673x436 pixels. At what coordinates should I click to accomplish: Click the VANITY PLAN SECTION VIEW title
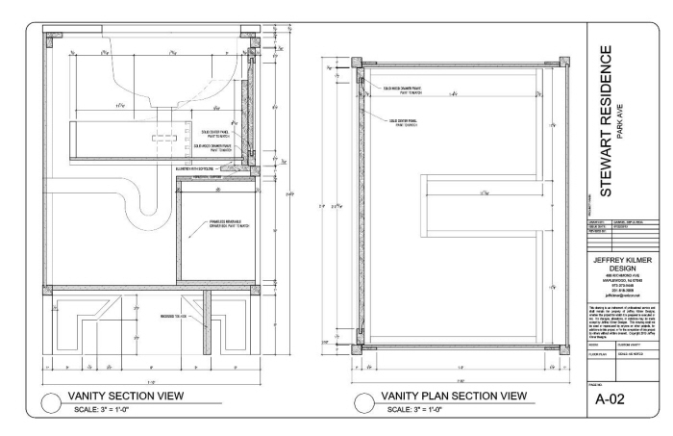point(453,396)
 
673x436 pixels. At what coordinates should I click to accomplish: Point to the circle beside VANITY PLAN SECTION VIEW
point(362,402)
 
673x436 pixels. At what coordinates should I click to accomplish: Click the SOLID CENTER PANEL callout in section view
point(213,133)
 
